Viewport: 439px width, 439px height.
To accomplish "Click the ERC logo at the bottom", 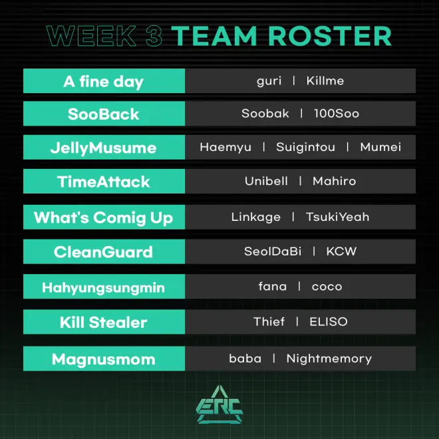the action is pyautogui.click(x=219, y=404).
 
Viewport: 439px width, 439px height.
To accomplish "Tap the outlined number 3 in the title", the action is pyautogui.click(x=154, y=36).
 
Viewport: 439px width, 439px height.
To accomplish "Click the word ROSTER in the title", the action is pyautogui.click(x=330, y=36).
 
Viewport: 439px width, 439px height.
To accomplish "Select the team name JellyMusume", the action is pyautogui.click(x=103, y=148).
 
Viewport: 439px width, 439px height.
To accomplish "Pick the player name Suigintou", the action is pyautogui.click(x=305, y=147).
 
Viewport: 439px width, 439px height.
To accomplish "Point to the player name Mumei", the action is pyautogui.click(x=380, y=147).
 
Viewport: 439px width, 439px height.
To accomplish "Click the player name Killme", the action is pyautogui.click(x=325, y=80).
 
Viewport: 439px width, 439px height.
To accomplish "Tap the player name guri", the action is pyautogui.click(x=269, y=81).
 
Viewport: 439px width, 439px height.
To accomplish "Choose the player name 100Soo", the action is pyautogui.click(x=337, y=113).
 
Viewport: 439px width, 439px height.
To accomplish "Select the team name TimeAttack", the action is pyautogui.click(x=103, y=182).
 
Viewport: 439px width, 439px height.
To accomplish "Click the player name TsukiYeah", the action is pyautogui.click(x=337, y=217).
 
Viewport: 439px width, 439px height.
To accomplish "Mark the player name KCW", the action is pyautogui.click(x=341, y=251).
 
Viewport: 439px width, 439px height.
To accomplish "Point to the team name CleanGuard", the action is pyautogui.click(x=103, y=251).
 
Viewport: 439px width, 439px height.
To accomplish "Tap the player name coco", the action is pyautogui.click(x=327, y=287).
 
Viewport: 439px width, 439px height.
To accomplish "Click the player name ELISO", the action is pyautogui.click(x=329, y=321).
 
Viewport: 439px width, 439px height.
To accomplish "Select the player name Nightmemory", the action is pyautogui.click(x=329, y=359).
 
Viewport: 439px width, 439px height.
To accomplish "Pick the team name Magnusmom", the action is pyautogui.click(x=103, y=359).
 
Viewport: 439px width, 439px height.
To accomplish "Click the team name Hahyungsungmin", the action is pyautogui.click(x=103, y=288).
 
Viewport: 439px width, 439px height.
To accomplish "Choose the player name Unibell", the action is pyautogui.click(x=266, y=181).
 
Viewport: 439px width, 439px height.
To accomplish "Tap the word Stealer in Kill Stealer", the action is pyautogui.click(x=118, y=322).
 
